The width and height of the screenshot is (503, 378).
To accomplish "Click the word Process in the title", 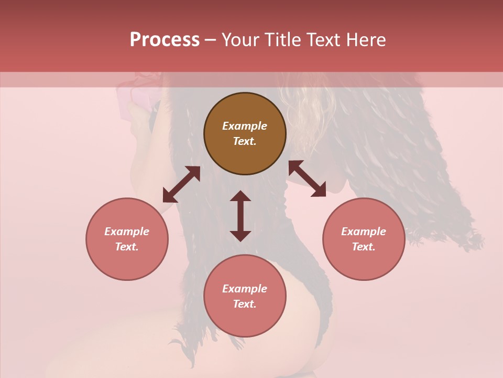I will click(165, 40).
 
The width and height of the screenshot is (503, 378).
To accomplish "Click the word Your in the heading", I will click(242, 40).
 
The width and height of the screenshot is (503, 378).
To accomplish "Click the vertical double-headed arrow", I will click(240, 216).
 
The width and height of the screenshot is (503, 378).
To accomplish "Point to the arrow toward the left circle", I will click(181, 184).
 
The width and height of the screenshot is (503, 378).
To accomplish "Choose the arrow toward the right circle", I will click(307, 178).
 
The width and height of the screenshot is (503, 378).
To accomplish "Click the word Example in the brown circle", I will click(245, 126).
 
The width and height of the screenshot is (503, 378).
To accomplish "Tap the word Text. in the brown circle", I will click(245, 141).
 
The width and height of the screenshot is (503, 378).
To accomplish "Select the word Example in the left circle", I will click(127, 232).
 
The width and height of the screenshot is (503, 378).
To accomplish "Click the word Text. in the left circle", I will click(127, 247).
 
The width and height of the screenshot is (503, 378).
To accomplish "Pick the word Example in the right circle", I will click(364, 232).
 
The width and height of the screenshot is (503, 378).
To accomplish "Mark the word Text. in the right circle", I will click(364, 247).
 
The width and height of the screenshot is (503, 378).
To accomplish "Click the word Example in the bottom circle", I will click(245, 289).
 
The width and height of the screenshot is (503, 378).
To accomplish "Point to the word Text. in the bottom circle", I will click(245, 304).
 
